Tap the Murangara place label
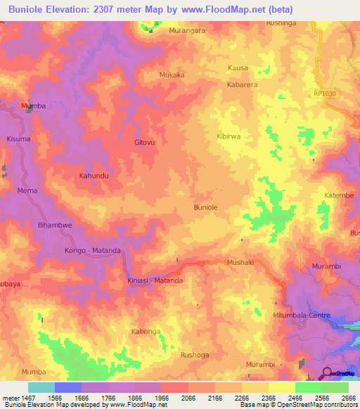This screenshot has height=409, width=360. (x=187, y=31)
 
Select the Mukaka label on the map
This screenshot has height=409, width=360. (x=172, y=74)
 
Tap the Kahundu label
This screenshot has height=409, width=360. (x=94, y=175)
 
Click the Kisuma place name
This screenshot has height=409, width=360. (x=18, y=139)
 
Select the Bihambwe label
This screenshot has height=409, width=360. (x=51, y=226)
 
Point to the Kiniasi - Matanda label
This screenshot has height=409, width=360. (x=155, y=280)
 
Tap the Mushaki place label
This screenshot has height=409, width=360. (x=239, y=262)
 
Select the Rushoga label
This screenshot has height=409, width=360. (x=195, y=356)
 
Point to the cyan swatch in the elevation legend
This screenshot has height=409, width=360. (x=41, y=387)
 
